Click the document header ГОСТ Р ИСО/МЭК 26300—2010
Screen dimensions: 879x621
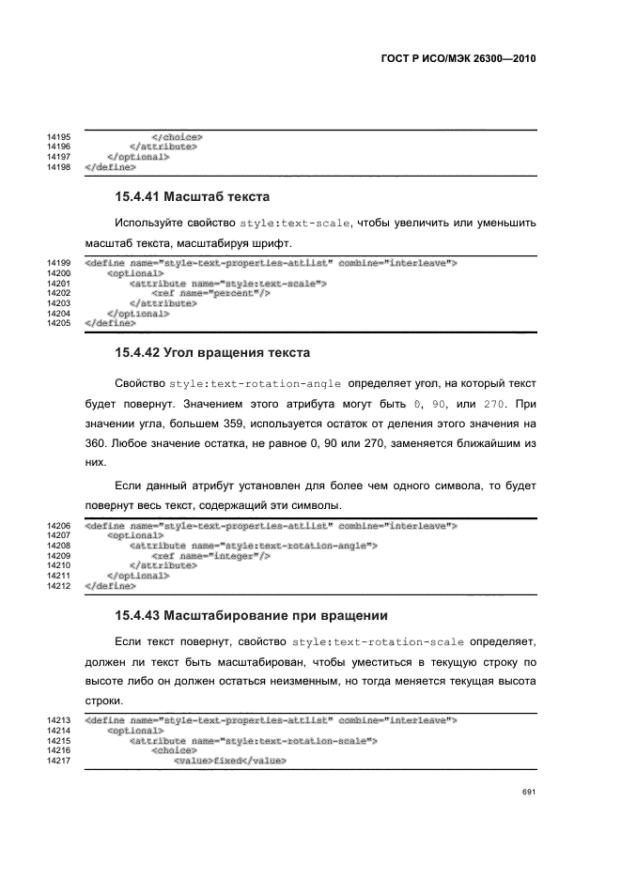coord(458,58)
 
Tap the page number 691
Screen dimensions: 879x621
coord(528,793)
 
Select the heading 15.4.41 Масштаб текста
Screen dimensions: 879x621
coord(192,197)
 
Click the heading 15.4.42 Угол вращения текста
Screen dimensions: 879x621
coord(211,353)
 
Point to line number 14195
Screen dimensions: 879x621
coord(59,138)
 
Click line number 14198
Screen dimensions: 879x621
coord(59,167)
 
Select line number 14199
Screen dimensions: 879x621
coord(59,263)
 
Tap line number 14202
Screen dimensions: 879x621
coord(59,293)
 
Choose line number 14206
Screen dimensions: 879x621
coord(59,526)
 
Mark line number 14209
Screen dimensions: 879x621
coord(59,556)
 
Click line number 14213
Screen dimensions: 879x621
coord(59,720)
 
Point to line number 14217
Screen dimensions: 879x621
coord(59,761)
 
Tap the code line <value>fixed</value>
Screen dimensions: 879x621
coord(229,761)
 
